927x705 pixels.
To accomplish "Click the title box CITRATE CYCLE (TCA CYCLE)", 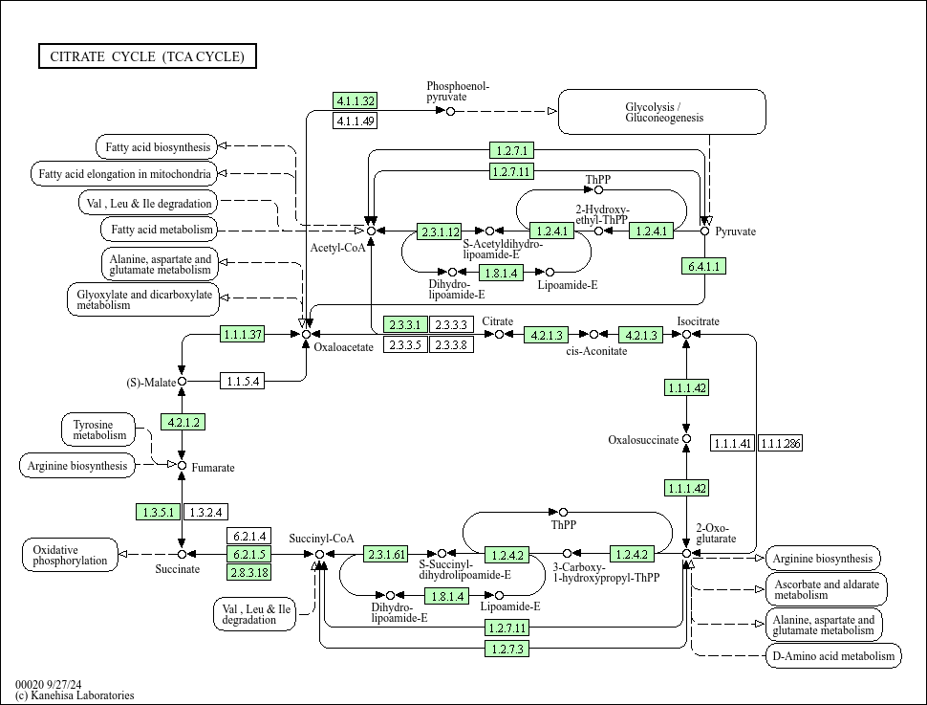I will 147,56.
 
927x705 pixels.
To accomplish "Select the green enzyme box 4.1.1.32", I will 356,100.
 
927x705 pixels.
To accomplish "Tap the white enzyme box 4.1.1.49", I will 356,121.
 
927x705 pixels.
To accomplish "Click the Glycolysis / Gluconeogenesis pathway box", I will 661,112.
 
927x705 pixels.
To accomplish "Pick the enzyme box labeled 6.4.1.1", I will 704,266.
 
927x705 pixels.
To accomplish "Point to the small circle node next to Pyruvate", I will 705,231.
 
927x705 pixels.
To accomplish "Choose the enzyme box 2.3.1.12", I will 440,231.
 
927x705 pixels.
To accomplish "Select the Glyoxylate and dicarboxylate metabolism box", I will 143,298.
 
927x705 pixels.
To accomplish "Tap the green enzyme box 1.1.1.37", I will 242,334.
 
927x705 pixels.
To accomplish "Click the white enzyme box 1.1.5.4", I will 242,382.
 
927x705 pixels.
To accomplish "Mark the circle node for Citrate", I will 499,335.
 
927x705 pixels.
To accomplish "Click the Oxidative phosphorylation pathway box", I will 70,555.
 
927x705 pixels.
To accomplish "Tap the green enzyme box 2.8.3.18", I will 248,572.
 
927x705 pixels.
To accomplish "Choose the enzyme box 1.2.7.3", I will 507,649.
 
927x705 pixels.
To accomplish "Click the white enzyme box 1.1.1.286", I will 781,443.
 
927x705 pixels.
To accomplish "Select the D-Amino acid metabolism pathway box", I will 833,655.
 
